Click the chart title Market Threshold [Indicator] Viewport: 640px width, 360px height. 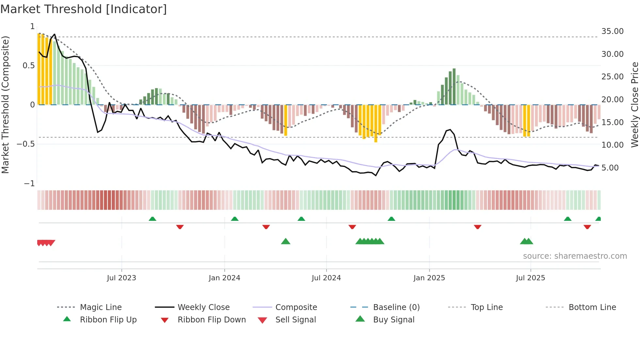click(x=84, y=9)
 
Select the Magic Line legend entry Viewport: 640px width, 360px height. click(x=101, y=307)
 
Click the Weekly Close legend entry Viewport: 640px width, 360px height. click(x=203, y=307)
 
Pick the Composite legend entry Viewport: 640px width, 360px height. click(x=296, y=307)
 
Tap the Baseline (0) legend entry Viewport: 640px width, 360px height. click(x=396, y=307)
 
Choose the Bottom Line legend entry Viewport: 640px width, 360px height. click(x=592, y=307)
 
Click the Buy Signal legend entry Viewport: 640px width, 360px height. click(x=393, y=320)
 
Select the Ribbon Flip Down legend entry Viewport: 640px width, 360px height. click(x=211, y=320)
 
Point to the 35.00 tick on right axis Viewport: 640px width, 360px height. click(x=612, y=31)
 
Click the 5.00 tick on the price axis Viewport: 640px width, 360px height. click(x=610, y=168)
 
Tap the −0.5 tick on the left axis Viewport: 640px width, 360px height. click(x=26, y=144)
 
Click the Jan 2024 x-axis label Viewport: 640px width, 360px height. click(x=224, y=278)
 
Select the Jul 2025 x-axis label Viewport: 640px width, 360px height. click(x=530, y=278)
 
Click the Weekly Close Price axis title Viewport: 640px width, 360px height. click(x=634, y=105)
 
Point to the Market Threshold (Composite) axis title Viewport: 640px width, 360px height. click(x=5, y=105)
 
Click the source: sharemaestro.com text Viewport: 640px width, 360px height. click(x=575, y=256)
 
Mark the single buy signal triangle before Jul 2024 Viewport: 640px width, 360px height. click(x=286, y=241)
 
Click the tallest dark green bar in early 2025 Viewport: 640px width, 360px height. click(x=454, y=87)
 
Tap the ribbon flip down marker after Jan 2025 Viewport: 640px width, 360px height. click(x=477, y=227)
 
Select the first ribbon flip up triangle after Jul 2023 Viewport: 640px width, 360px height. click(x=152, y=219)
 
